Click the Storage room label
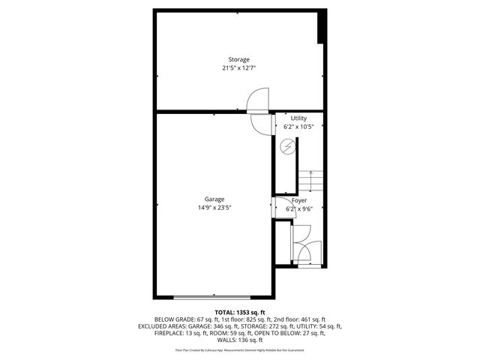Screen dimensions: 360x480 239,59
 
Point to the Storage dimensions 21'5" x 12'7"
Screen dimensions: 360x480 239,67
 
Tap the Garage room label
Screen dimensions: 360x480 214,199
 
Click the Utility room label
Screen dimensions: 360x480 299,118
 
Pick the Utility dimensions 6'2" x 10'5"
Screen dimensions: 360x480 299,127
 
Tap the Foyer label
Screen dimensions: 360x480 299,201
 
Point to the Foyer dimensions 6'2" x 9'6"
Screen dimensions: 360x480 299,209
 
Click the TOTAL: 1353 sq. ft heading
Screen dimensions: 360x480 239,312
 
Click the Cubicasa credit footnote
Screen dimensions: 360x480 239,350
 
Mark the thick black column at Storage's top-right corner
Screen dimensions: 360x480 322,27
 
